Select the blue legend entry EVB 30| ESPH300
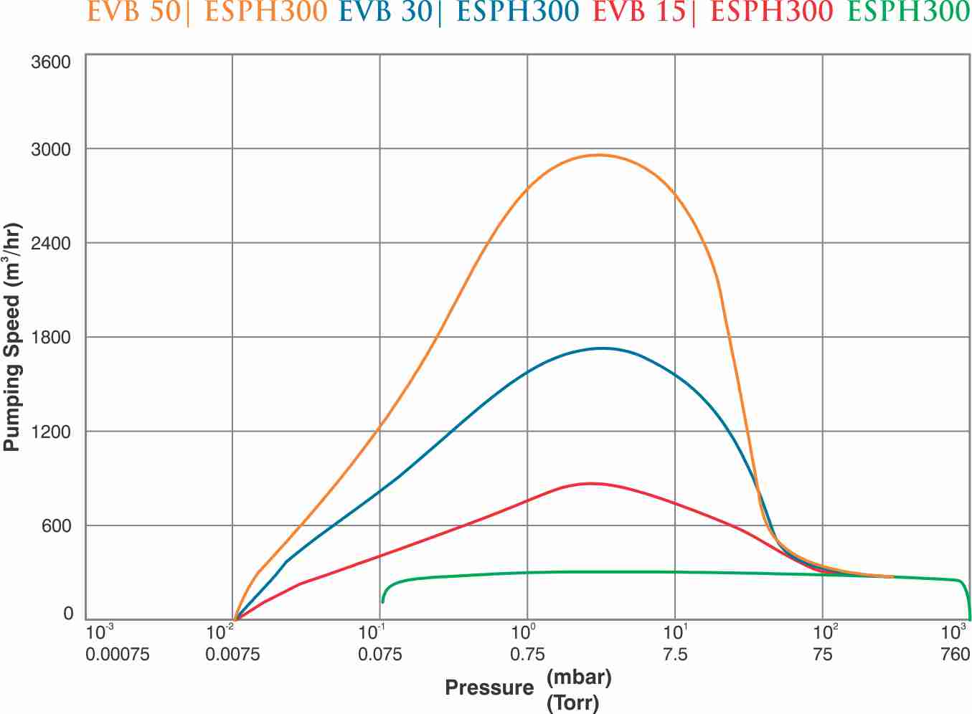point(458,12)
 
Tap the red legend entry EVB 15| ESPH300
point(713,12)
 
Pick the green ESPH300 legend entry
point(908,12)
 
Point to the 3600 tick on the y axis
point(51,62)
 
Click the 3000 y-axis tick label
point(51,149)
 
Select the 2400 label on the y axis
point(51,243)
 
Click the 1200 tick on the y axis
point(51,432)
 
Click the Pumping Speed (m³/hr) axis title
point(12,337)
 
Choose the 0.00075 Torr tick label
point(118,654)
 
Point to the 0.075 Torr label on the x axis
point(380,654)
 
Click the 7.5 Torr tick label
point(675,654)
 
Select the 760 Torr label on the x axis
point(955,654)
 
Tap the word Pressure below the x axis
point(489,688)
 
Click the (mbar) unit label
point(578,676)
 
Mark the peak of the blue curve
point(602,348)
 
